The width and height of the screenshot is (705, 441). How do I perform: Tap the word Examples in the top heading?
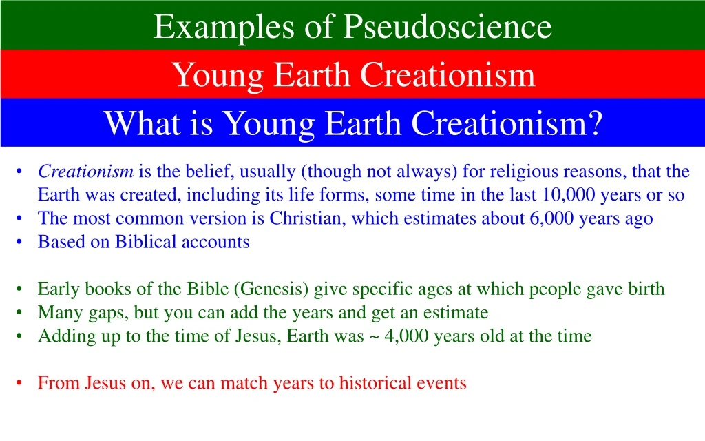point(224,28)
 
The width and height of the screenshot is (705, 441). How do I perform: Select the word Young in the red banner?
point(218,76)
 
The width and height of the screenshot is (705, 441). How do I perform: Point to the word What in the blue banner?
point(142,123)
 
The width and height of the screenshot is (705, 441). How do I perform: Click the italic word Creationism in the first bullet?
point(85,171)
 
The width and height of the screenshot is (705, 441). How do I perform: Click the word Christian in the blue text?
point(305,218)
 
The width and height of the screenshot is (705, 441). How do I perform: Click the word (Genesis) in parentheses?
point(271,289)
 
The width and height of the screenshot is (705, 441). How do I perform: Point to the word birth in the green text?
point(646,289)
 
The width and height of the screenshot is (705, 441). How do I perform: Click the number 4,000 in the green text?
point(406,336)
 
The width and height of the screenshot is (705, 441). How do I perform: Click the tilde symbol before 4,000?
point(374,336)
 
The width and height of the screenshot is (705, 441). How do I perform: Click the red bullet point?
point(19,383)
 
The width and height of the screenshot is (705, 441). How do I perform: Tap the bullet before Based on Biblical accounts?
point(19,242)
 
